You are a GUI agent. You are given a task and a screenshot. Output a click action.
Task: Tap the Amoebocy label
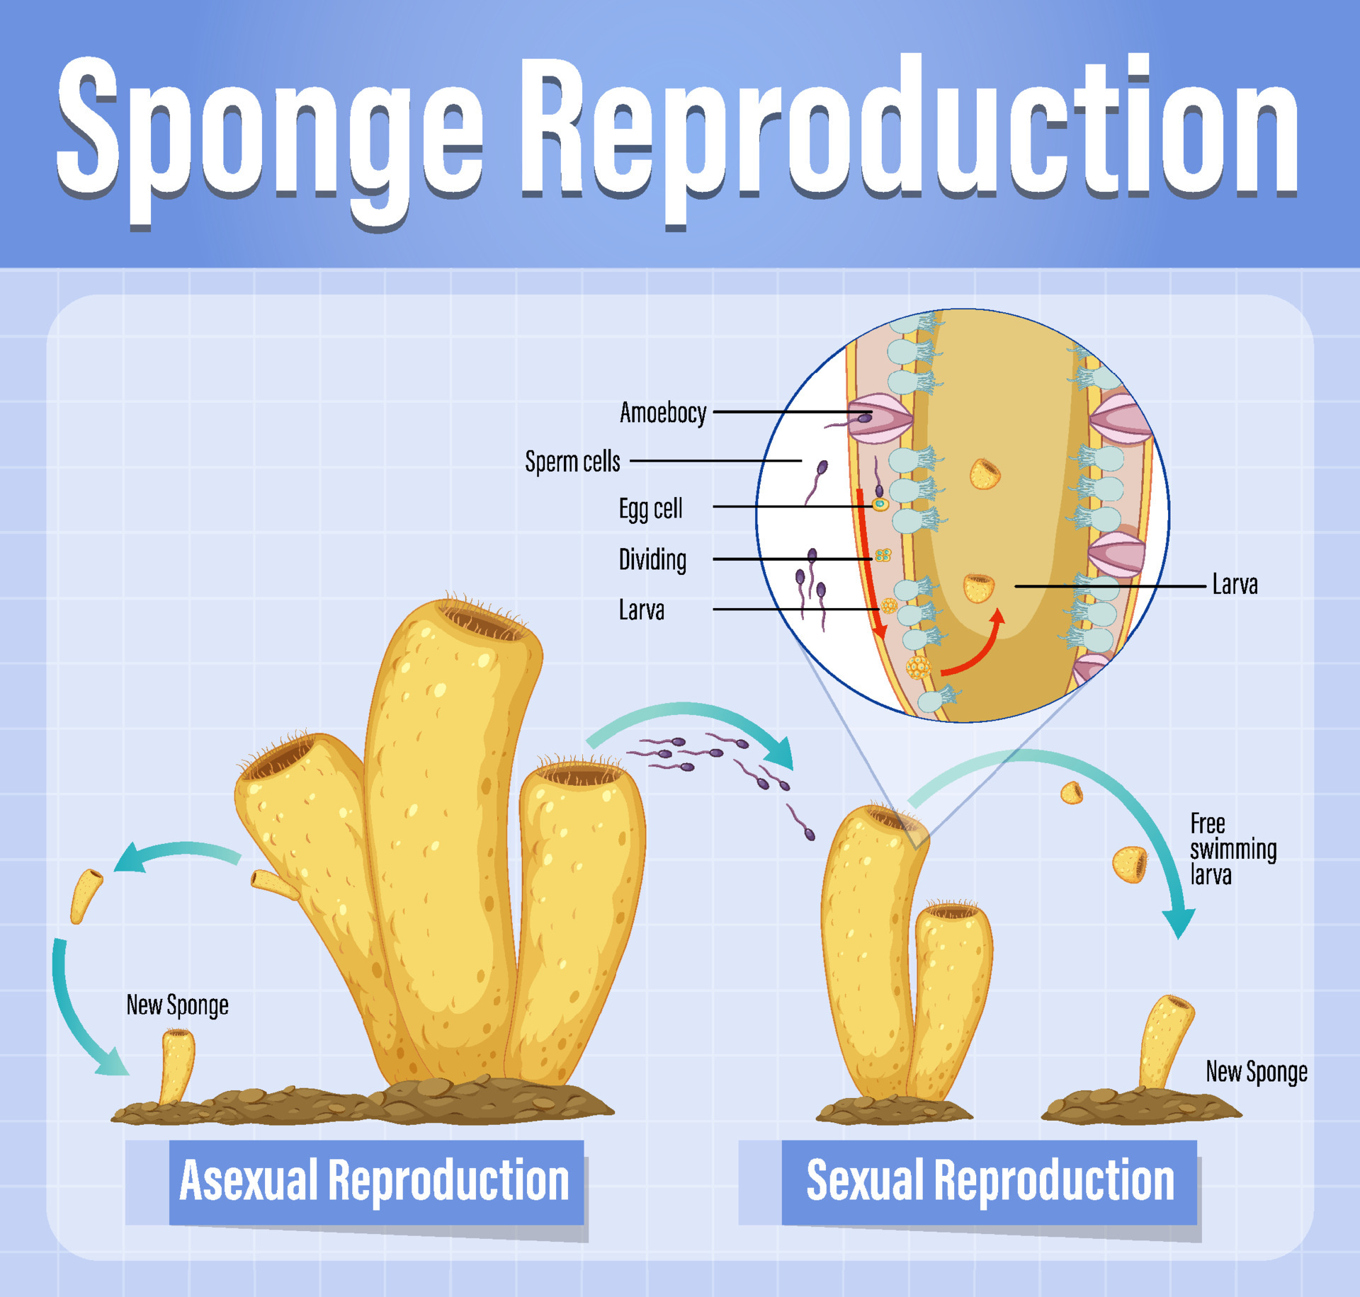click(x=663, y=412)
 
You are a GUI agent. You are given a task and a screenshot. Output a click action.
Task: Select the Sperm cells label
click(x=572, y=461)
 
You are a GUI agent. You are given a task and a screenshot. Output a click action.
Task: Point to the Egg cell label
click(x=650, y=508)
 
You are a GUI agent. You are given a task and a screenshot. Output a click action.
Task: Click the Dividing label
click(x=652, y=559)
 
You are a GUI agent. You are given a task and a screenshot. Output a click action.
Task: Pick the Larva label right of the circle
click(x=1235, y=585)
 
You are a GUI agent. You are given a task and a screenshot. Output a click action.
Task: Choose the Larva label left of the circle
click(x=641, y=610)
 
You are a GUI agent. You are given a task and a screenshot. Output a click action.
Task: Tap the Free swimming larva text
click(x=1232, y=849)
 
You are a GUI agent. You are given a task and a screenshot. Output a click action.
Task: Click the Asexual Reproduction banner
click(x=375, y=1181)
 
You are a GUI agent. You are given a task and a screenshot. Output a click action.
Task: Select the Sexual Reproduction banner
click(x=990, y=1181)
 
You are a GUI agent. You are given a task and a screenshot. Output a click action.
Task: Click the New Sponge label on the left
click(x=177, y=1005)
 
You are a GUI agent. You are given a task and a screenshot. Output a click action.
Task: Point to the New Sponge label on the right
click(x=1256, y=1072)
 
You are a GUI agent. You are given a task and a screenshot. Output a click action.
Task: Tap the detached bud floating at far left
click(x=86, y=895)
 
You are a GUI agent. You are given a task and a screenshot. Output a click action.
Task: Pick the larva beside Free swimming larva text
click(x=1130, y=864)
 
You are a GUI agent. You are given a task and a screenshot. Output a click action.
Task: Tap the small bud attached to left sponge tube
click(x=273, y=884)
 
